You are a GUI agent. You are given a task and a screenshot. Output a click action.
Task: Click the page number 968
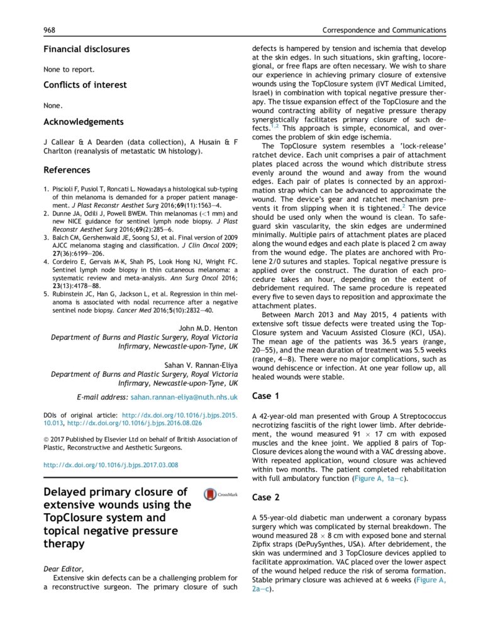coord(50,30)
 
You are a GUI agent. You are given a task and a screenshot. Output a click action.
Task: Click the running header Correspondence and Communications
coord(384,30)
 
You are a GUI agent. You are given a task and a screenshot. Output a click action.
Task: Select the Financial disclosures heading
coord(86,49)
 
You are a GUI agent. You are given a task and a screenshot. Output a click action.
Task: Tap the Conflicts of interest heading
coord(85,85)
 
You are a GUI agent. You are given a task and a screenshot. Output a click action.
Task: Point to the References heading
coord(67,170)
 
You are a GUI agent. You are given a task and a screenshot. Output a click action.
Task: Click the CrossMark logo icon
coord(220,495)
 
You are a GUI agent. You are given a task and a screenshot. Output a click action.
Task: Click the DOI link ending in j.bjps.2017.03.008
coord(111,465)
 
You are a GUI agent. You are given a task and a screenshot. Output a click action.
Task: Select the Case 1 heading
coord(265,396)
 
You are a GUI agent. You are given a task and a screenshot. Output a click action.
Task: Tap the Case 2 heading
coord(265,497)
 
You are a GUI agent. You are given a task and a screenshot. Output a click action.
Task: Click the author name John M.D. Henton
coord(208,328)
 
